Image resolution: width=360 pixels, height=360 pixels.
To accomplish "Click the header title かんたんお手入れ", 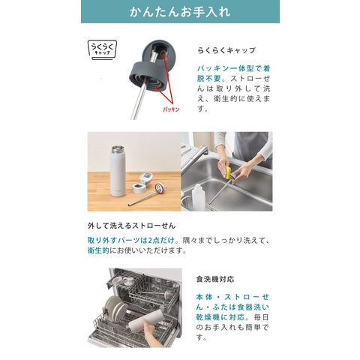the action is (x=180, y=12).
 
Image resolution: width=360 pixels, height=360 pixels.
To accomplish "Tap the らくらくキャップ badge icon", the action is (x=102, y=49).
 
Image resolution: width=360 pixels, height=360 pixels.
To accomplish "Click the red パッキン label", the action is (x=171, y=109).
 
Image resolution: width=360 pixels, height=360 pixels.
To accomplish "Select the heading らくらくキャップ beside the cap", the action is (x=226, y=50).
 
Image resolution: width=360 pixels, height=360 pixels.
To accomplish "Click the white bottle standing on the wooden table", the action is (x=118, y=171).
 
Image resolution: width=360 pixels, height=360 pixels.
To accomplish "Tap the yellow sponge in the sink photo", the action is (x=229, y=173).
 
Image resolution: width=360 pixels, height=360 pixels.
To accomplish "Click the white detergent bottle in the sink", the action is (x=198, y=197).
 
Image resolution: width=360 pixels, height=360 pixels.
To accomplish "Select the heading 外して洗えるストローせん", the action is (x=131, y=226).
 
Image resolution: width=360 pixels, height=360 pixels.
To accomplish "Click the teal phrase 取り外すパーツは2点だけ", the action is (x=131, y=241).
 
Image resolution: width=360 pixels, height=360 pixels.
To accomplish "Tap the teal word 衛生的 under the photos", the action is (x=98, y=250).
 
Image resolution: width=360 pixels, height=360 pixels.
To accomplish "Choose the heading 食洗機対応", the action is (x=215, y=279).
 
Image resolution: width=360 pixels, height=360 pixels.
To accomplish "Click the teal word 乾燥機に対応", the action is (x=220, y=317).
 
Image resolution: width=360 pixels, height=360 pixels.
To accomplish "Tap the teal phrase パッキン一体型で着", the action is (x=233, y=68).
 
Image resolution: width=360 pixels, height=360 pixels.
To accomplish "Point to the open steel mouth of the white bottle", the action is (x=117, y=148).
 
